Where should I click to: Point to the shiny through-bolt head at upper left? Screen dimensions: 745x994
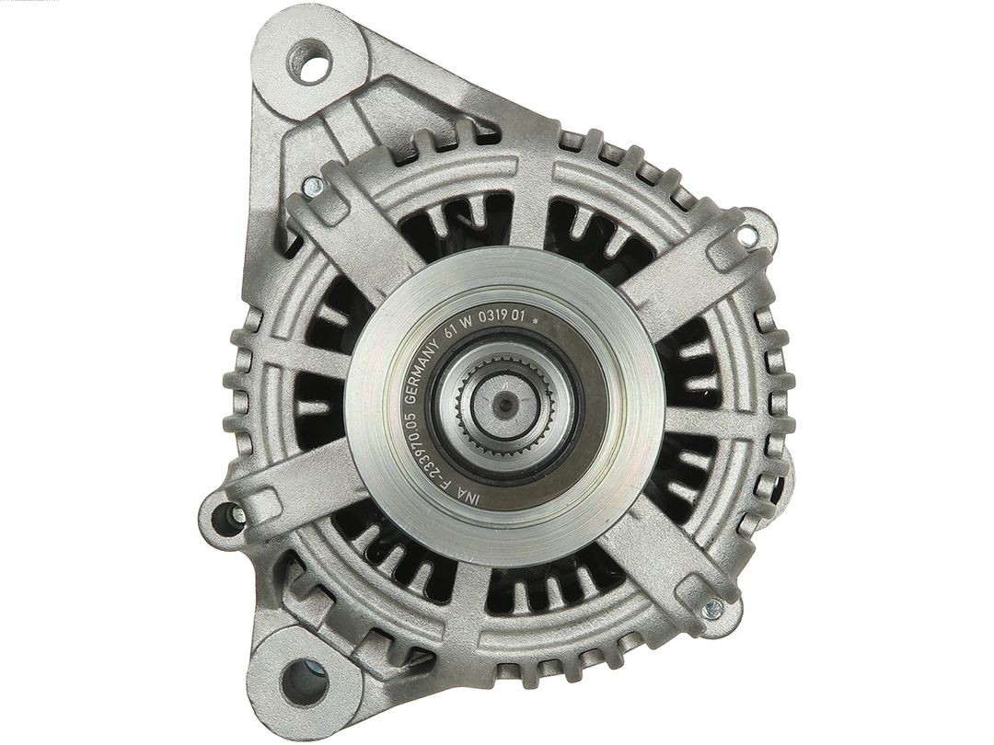tap(314, 189)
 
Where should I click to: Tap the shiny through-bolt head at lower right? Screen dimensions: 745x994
tap(711, 609)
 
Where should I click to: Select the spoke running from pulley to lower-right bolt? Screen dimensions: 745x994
tap(658, 552)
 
